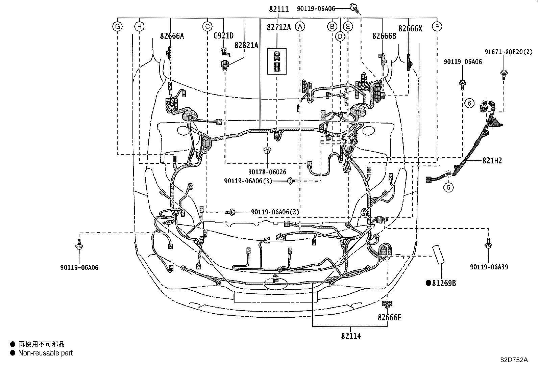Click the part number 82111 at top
pos(279,9)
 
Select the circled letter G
pos(118,26)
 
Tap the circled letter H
pos(139,26)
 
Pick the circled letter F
pos(437,26)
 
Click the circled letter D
pos(340,36)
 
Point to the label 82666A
pos(172,36)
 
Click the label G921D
pos(223,36)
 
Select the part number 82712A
pos(278,27)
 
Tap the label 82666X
pos(410,29)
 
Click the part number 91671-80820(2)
pos(508,52)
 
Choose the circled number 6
pos(469,103)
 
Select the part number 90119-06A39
pos(489,267)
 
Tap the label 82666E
pos(389,317)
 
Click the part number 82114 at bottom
pos(351,336)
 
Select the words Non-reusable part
pos(45,353)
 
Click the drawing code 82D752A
pos(514,360)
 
